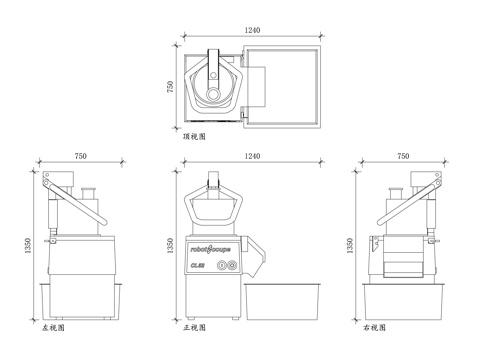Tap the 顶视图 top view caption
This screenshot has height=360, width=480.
[195, 136]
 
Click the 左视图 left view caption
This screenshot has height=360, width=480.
[52, 327]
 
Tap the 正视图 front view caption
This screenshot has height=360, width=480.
[195, 327]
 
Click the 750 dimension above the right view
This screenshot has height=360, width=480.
[403, 157]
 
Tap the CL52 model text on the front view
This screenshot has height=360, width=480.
[199, 265]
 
